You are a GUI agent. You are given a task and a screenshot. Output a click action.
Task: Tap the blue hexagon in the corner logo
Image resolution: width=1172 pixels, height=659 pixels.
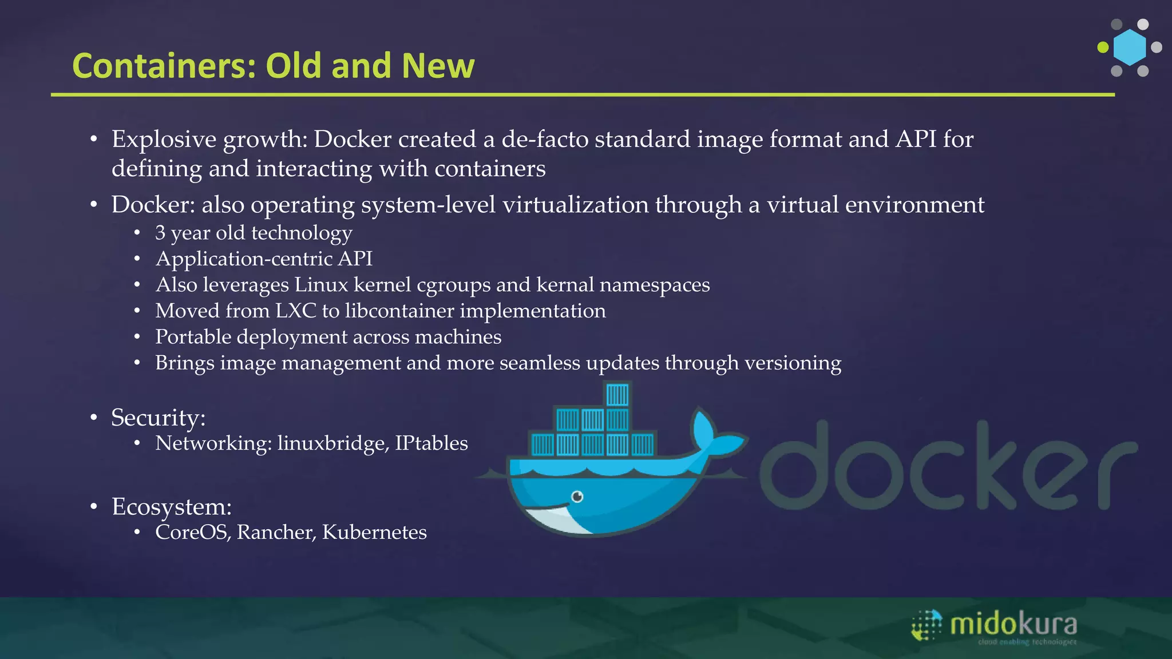click(1130, 47)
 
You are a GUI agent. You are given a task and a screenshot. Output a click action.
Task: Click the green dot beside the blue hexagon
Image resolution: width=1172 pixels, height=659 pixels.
click(1103, 47)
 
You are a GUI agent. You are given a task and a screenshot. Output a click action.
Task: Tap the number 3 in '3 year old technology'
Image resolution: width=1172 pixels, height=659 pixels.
click(160, 233)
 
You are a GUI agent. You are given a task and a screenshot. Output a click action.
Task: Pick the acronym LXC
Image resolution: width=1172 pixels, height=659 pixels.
click(295, 311)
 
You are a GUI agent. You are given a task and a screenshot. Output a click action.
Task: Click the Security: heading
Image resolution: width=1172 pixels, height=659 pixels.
click(158, 418)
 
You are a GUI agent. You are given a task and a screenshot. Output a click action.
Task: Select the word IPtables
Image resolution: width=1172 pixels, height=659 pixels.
click(431, 443)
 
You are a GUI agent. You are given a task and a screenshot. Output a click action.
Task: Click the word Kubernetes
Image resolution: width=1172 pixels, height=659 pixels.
click(374, 532)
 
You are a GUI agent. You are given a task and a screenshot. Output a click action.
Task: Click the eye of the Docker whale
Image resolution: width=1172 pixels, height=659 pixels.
click(577, 496)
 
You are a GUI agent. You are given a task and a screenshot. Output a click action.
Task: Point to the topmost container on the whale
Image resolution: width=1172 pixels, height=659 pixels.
click(617, 395)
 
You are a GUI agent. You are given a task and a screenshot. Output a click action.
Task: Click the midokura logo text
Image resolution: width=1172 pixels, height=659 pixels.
click(1013, 624)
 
